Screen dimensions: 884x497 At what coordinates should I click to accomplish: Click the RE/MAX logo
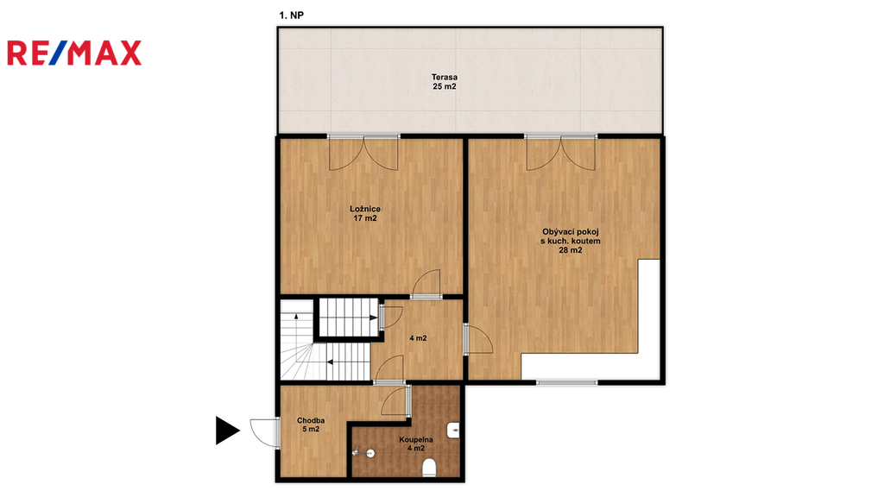point(74,53)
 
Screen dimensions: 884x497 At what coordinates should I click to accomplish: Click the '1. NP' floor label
point(292,16)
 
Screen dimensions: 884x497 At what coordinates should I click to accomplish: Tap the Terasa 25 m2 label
point(445,82)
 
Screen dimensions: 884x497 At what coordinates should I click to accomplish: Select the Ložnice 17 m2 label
point(365,214)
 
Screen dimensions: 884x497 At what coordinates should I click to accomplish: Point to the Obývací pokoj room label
point(571,241)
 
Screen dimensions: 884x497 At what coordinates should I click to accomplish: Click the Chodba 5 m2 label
point(311,425)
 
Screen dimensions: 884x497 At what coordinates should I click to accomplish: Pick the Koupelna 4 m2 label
point(416,444)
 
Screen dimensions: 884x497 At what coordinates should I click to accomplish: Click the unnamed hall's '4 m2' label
point(418,338)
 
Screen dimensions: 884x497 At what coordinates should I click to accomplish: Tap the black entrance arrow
point(228,431)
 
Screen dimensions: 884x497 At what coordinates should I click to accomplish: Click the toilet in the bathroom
point(430,468)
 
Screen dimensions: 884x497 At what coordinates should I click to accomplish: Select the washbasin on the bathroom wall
point(454,431)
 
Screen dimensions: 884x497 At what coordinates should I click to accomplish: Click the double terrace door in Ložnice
point(363,154)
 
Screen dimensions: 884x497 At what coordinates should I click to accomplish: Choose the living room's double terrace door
point(561,154)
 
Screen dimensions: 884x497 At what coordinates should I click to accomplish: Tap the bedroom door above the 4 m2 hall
point(426,284)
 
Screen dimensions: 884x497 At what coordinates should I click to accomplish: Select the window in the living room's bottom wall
point(566,382)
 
